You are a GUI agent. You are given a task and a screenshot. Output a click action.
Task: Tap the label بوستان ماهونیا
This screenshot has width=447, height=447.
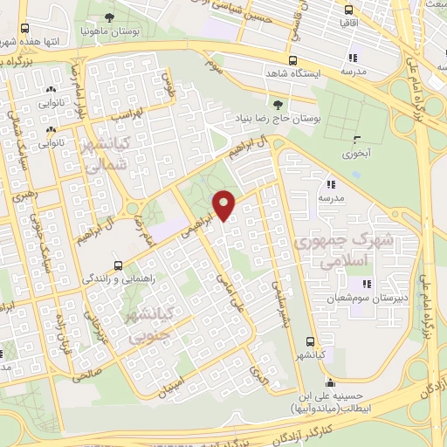tap(108, 31)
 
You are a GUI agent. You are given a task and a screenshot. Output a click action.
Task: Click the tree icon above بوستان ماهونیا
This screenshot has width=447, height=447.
tap(109, 17)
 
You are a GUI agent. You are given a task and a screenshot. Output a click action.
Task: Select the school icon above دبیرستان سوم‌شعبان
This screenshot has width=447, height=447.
tap(366, 283)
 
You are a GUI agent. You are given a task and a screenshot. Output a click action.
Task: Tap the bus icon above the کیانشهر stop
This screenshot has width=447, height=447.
tap(309, 341)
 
